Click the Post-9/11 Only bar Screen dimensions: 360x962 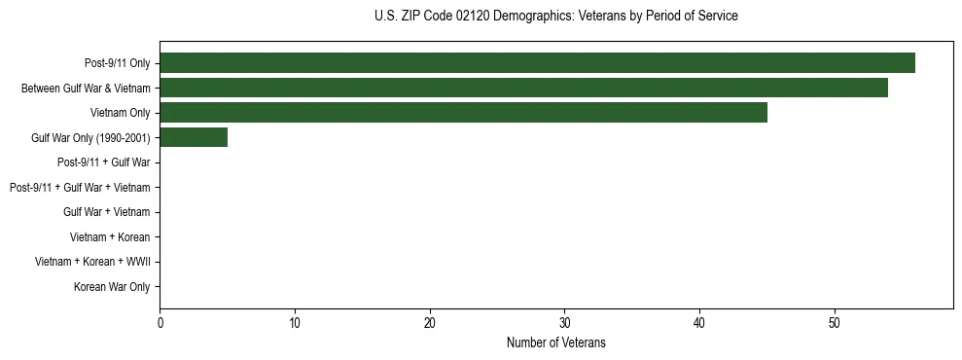537,63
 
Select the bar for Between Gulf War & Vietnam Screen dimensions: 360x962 523,88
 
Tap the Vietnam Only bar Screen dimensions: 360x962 463,113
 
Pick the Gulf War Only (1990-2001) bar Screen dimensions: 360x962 194,137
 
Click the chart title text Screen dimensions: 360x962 555,17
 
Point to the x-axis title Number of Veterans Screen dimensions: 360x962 555,342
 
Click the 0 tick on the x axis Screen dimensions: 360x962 160,322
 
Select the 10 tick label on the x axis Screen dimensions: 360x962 295,322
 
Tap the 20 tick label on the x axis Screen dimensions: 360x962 430,322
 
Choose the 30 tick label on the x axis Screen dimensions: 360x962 565,322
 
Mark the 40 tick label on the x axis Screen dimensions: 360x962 699,322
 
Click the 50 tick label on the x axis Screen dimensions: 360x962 835,322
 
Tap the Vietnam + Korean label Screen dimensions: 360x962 110,237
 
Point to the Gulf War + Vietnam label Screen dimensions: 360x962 106,212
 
